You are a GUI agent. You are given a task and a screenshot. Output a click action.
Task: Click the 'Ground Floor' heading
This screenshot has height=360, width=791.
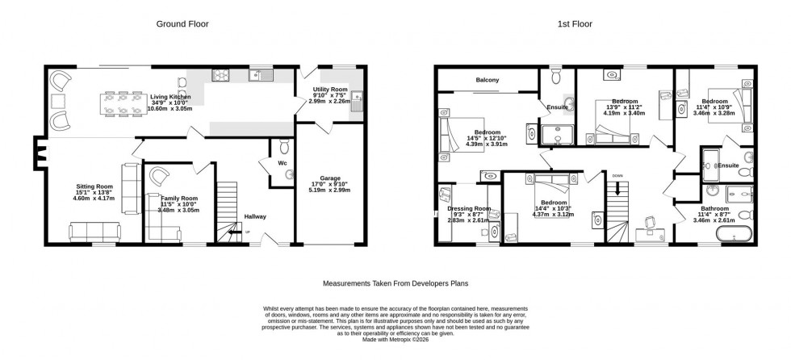(182, 24)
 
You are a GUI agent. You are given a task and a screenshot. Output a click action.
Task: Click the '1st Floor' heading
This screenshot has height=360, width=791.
(575, 24)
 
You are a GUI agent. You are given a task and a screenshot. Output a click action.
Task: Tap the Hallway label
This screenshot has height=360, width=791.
(255, 216)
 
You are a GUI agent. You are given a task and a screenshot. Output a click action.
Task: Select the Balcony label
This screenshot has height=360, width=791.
(487, 79)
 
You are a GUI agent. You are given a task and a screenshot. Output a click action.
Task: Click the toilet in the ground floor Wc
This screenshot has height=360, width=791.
(282, 148)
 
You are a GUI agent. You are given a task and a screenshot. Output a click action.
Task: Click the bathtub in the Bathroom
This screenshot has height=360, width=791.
(730, 237)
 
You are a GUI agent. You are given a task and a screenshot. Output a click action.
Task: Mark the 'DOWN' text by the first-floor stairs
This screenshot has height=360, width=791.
(617, 175)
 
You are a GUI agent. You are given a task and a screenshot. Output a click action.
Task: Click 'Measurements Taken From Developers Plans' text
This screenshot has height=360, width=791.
(395, 284)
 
